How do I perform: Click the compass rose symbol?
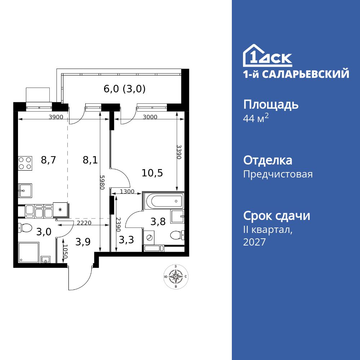pyautogui.click(x=175, y=276)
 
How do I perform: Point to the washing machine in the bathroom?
pyautogui.click(x=149, y=238)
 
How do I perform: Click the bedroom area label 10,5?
pyautogui.click(x=153, y=173)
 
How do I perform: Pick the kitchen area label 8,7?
pyautogui.click(x=49, y=160)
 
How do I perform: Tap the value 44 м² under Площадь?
pyautogui.click(x=256, y=119)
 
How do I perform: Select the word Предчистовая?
pyautogui.click(x=278, y=175)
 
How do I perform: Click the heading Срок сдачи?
pyautogui.click(x=276, y=216)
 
